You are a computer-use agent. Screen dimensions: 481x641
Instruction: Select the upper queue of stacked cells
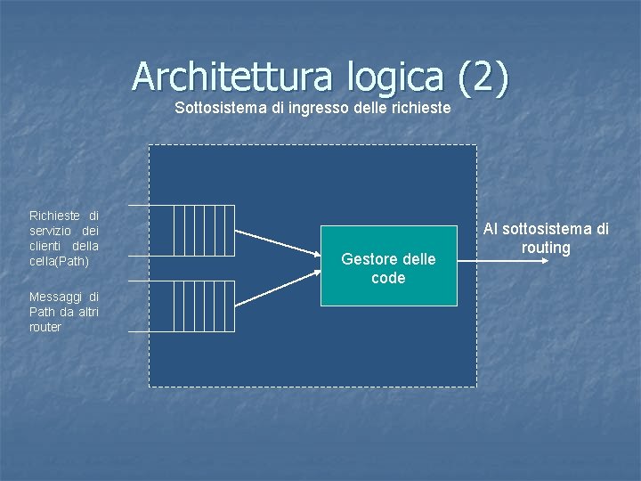point(203,231)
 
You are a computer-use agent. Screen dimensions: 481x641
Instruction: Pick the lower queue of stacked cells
point(203,306)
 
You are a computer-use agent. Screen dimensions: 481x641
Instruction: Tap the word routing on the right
point(546,248)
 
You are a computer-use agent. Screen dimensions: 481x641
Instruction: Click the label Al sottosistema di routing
point(546,238)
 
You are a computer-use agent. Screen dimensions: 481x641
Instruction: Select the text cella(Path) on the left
point(59,261)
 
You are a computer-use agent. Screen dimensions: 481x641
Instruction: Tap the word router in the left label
point(45,327)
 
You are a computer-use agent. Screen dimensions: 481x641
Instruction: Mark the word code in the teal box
point(388,278)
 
